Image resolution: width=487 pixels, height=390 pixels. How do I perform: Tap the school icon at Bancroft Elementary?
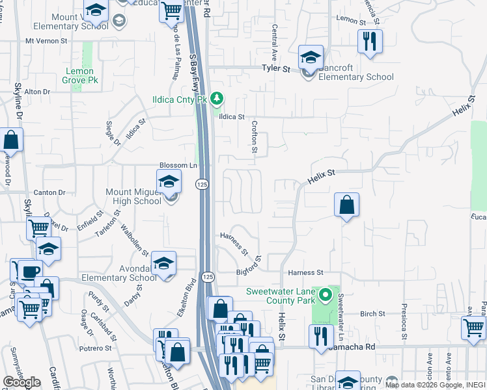(x=311, y=57)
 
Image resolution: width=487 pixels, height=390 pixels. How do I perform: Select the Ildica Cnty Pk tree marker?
(x=217, y=99)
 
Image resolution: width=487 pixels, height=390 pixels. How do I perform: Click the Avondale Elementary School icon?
(x=163, y=263)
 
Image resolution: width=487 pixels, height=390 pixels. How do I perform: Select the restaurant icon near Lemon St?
(x=370, y=41)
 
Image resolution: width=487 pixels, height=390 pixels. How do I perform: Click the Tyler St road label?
(x=275, y=68)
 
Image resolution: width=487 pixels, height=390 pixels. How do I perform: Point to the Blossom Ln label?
(x=178, y=166)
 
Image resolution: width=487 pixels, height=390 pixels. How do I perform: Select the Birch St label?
(x=372, y=313)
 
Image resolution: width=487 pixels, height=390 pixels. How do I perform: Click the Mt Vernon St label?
(x=46, y=40)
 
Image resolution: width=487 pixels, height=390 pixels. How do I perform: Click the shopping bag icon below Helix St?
(x=347, y=205)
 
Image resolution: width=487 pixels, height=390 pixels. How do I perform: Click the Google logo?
(x=21, y=382)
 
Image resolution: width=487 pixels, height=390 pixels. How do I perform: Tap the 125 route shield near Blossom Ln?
(x=203, y=185)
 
